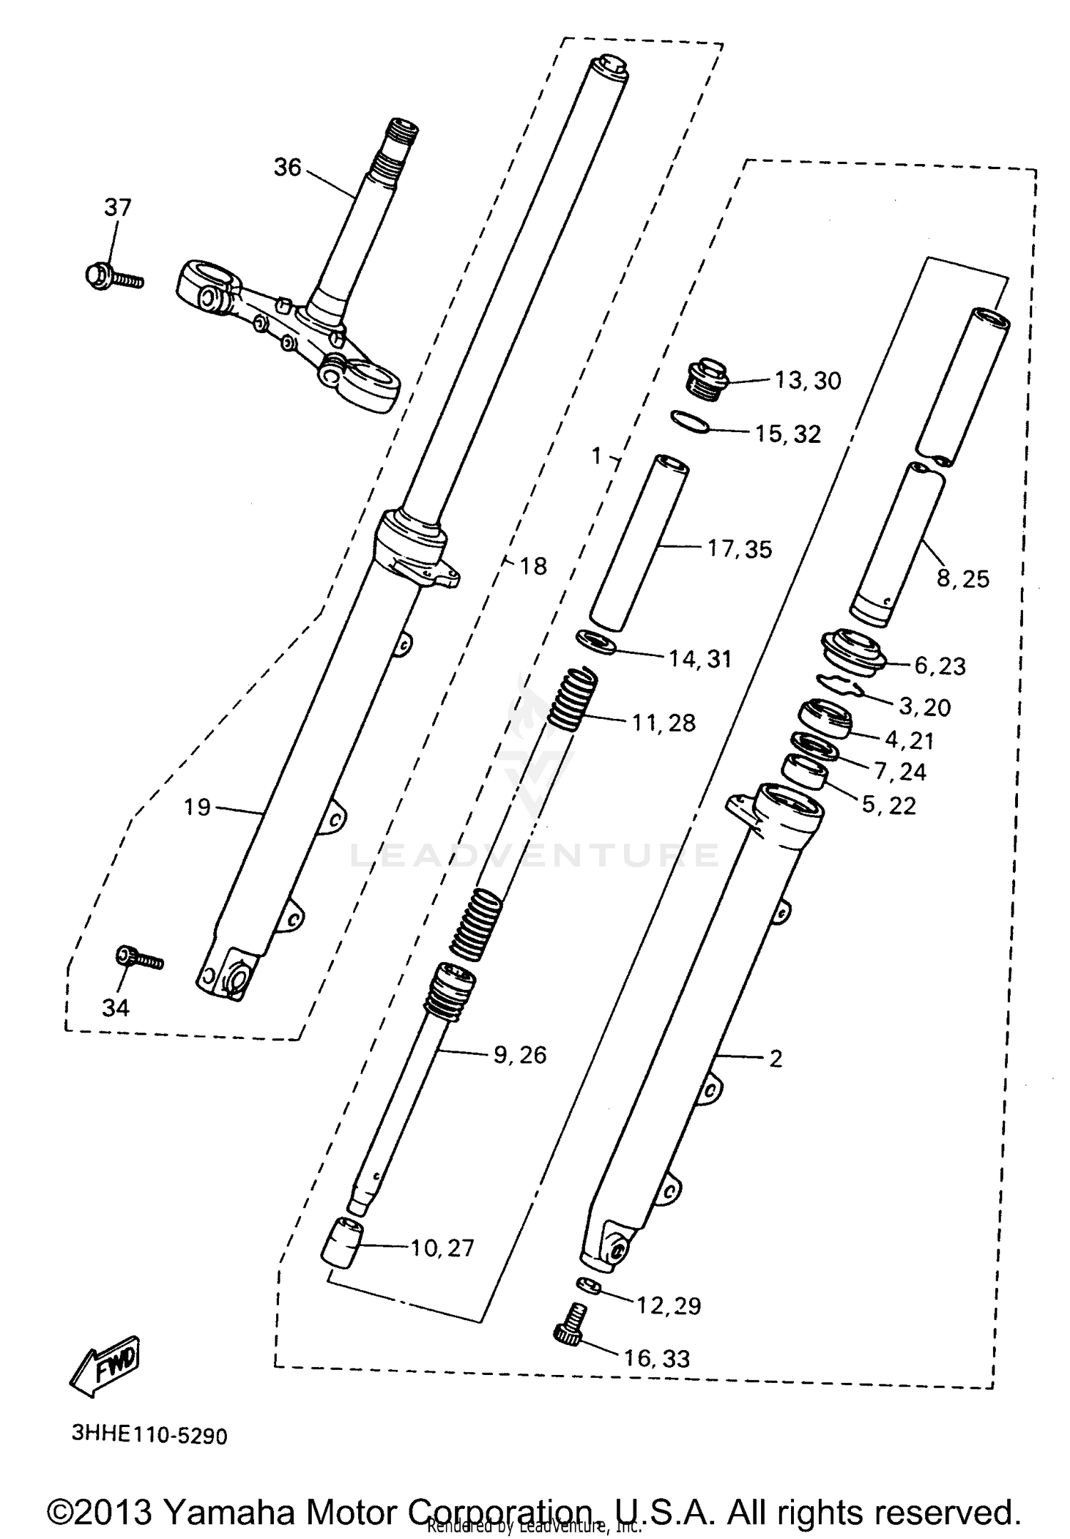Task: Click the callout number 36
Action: tap(287, 168)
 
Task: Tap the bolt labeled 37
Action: tap(113, 277)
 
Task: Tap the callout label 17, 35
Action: tap(740, 549)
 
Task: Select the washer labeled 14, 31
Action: tap(596, 641)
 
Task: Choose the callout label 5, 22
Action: tap(889, 805)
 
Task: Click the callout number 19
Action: tap(197, 807)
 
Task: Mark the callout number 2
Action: tap(775, 1058)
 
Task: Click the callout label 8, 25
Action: tap(962, 578)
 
